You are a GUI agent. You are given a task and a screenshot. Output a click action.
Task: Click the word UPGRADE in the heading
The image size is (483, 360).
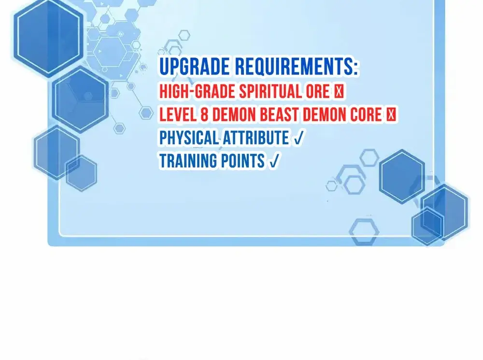click(x=195, y=67)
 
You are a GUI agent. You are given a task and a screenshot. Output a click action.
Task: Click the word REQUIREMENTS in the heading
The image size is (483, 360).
click(x=294, y=66)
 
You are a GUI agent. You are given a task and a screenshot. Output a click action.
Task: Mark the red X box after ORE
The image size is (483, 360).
click(x=339, y=91)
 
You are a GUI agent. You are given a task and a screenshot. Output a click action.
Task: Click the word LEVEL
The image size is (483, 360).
click(x=178, y=115)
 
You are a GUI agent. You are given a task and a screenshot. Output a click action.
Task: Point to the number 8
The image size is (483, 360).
click(x=204, y=115)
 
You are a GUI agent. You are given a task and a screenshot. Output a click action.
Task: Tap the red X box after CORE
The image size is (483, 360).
click(x=391, y=115)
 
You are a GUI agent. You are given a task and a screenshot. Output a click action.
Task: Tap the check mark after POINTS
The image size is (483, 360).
click(x=274, y=161)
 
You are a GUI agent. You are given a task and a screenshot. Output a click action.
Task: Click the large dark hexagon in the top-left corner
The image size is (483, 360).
click(x=48, y=38)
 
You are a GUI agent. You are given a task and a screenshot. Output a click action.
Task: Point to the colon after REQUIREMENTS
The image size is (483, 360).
click(x=355, y=68)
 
